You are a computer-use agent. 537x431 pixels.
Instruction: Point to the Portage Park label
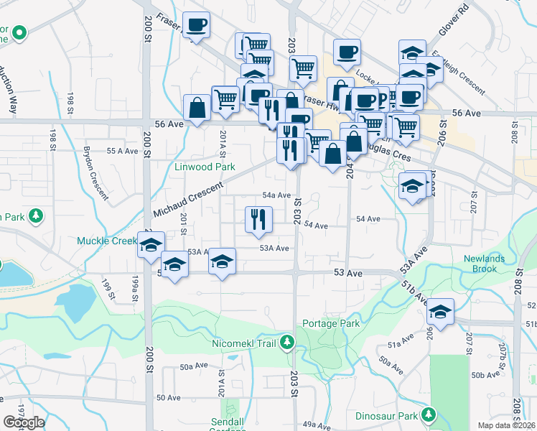[330, 324]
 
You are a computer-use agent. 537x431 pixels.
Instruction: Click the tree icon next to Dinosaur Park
[429, 415]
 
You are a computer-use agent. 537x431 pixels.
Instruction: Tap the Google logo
[24, 422]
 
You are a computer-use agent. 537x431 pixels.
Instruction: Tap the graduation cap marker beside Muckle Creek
[151, 245]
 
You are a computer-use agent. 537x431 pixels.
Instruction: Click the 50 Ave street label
[168, 397]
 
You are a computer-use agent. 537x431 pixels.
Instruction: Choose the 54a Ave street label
[276, 195]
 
